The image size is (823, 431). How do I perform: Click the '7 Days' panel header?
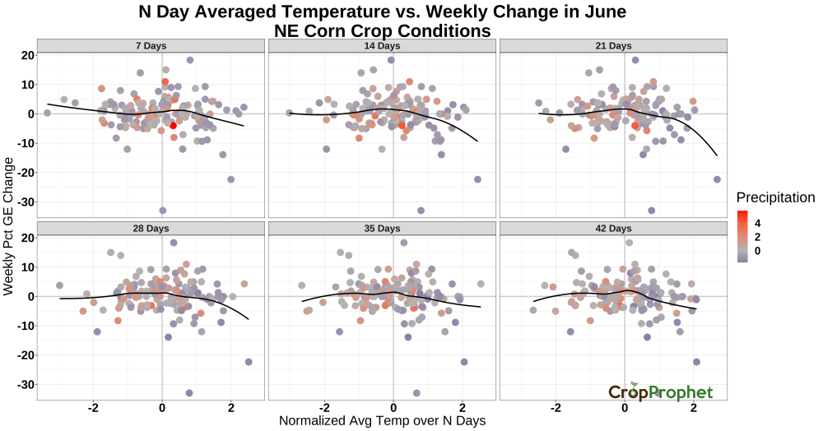tap(151, 45)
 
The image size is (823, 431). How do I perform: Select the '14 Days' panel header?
tap(382, 45)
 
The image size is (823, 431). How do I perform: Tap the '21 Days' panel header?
tap(614, 45)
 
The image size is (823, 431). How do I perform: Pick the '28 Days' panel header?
tap(151, 229)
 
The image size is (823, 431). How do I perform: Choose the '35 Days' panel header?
tap(382, 229)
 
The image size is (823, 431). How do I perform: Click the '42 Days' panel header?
tap(614, 229)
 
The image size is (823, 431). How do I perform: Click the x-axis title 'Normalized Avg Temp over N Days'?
tap(382, 421)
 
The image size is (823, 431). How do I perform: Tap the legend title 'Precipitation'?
tap(775, 197)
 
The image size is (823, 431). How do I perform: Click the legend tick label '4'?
tap(757, 224)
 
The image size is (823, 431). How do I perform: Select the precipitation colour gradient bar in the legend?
tap(742, 236)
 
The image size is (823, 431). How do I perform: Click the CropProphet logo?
tap(661, 392)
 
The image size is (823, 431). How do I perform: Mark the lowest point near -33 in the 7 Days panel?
tap(163, 211)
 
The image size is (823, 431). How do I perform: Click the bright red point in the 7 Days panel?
tap(173, 125)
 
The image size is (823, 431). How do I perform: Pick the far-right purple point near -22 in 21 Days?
tap(717, 179)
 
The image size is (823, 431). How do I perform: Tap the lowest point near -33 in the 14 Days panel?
tap(421, 211)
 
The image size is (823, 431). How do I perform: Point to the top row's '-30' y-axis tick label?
tap(26, 202)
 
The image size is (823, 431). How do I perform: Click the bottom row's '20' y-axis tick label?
tap(28, 238)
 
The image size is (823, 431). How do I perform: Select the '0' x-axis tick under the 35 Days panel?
tap(393, 408)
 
